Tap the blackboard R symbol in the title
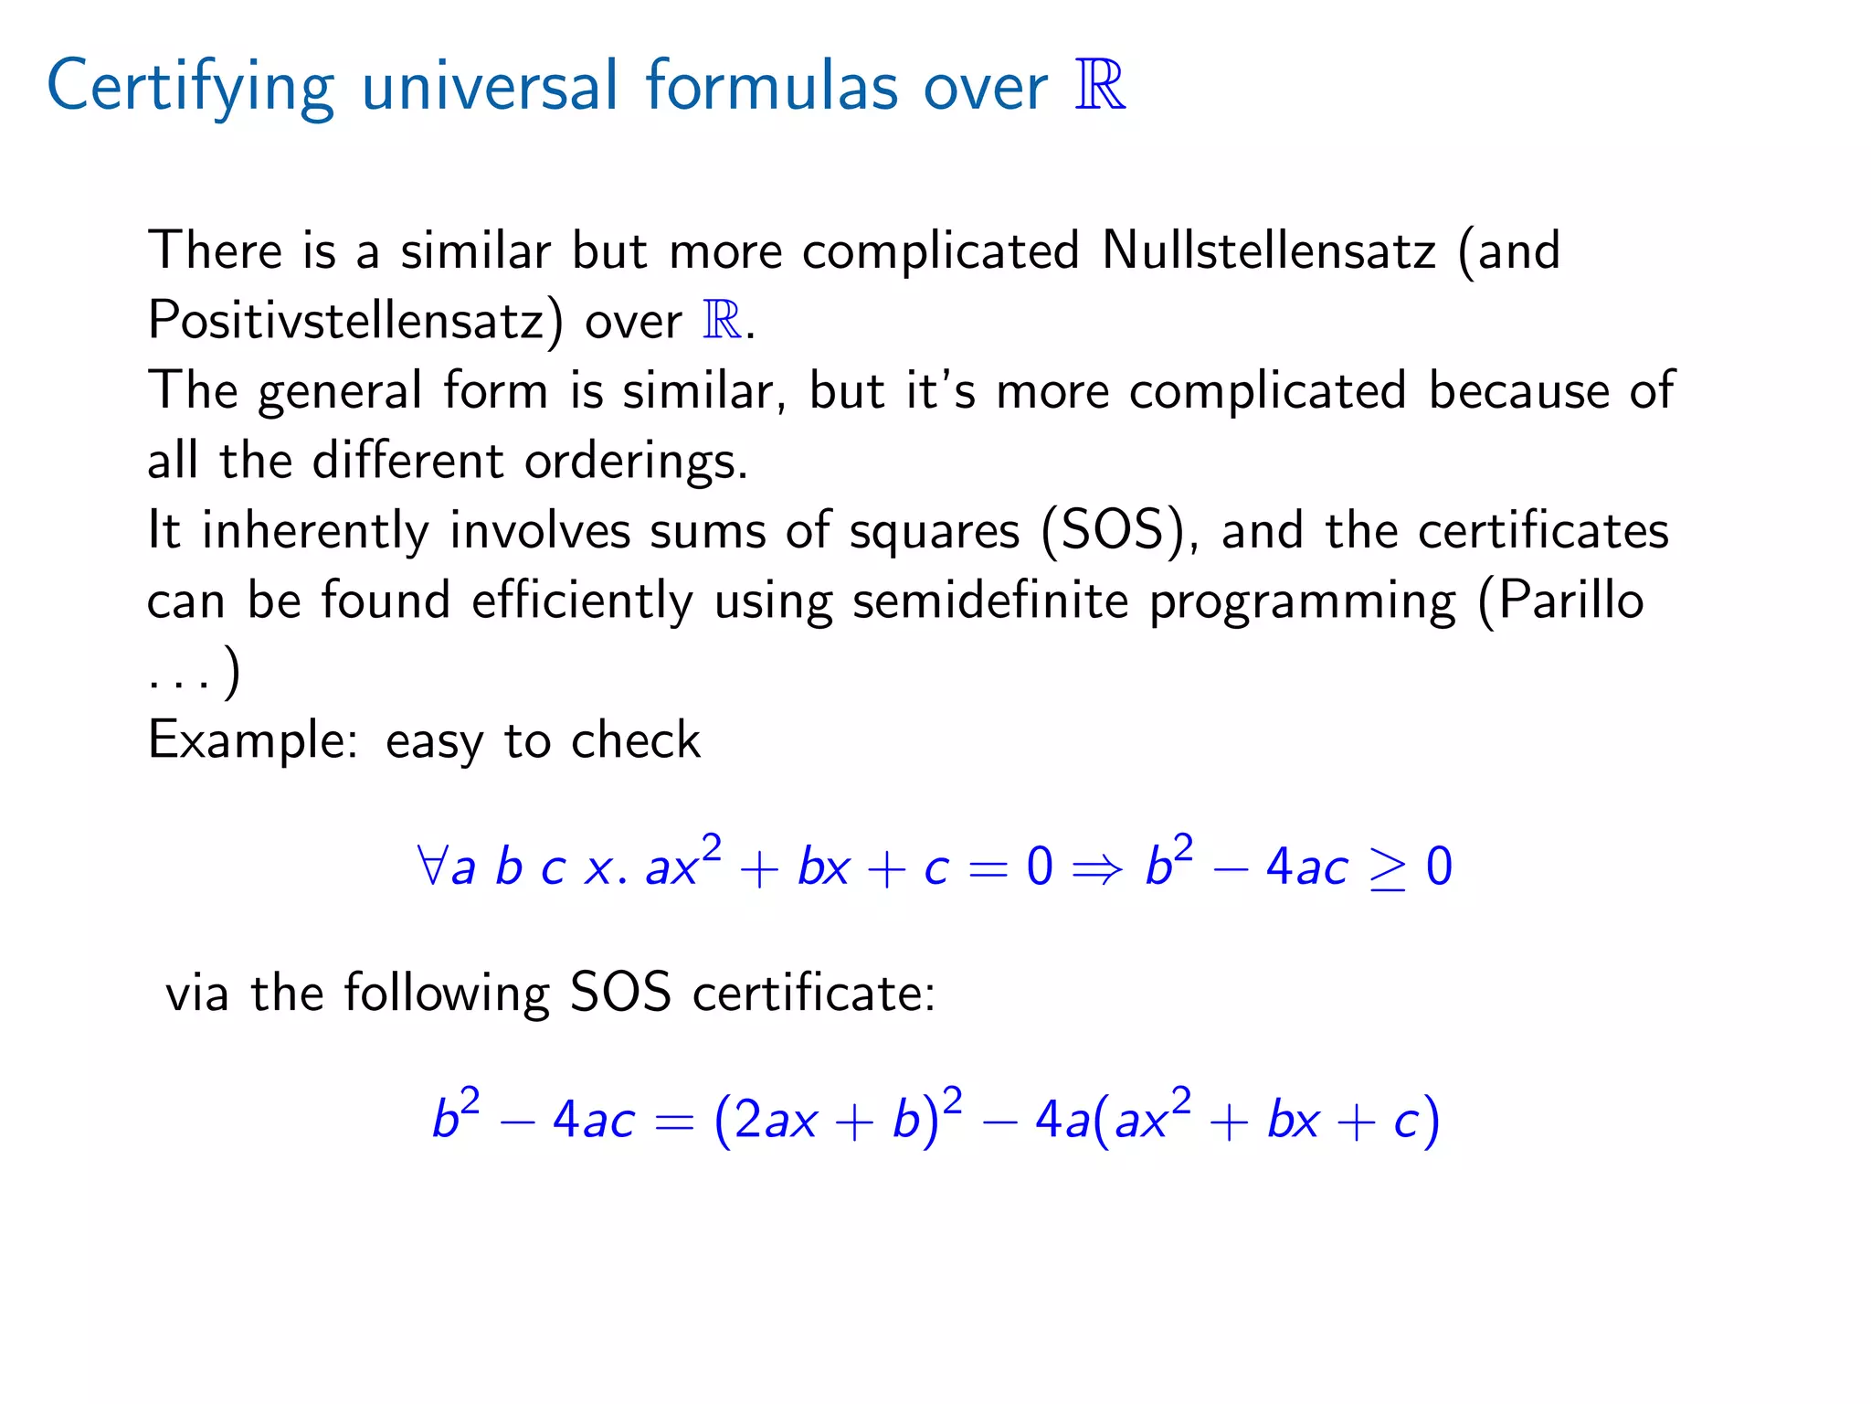point(1100,86)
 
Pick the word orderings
point(636,461)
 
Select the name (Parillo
point(1560,601)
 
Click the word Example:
point(253,740)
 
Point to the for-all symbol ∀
point(431,866)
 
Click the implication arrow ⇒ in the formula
point(1097,867)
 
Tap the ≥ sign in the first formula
point(1387,867)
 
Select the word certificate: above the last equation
point(814,994)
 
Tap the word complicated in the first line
point(941,250)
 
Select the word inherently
point(315,531)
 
